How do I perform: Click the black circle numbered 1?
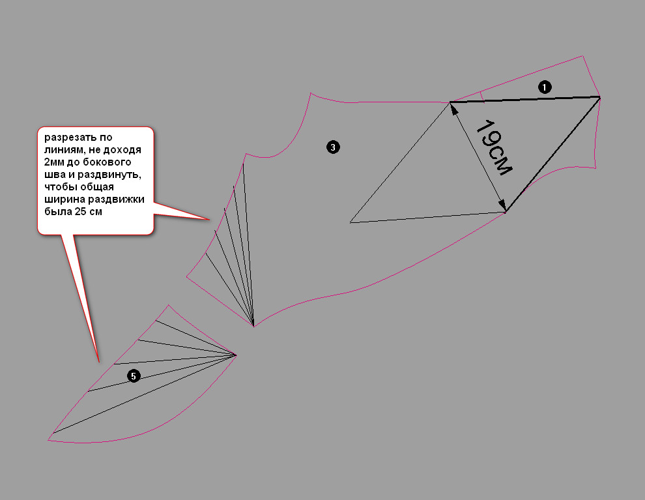point(545,87)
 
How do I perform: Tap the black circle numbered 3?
point(333,147)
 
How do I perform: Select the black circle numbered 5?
point(134,375)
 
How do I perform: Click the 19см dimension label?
point(494,148)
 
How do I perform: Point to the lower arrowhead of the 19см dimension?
point(503,206)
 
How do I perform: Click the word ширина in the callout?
point(64,200)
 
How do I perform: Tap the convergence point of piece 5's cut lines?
point(236,355)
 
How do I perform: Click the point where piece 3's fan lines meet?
point(253,326)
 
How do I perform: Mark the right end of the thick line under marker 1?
point(600,97)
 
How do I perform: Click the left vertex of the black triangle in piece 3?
point(350,223)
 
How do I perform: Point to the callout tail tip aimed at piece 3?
point(210,220)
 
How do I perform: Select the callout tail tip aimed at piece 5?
point(99,362)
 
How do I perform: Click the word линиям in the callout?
point(64,150)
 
